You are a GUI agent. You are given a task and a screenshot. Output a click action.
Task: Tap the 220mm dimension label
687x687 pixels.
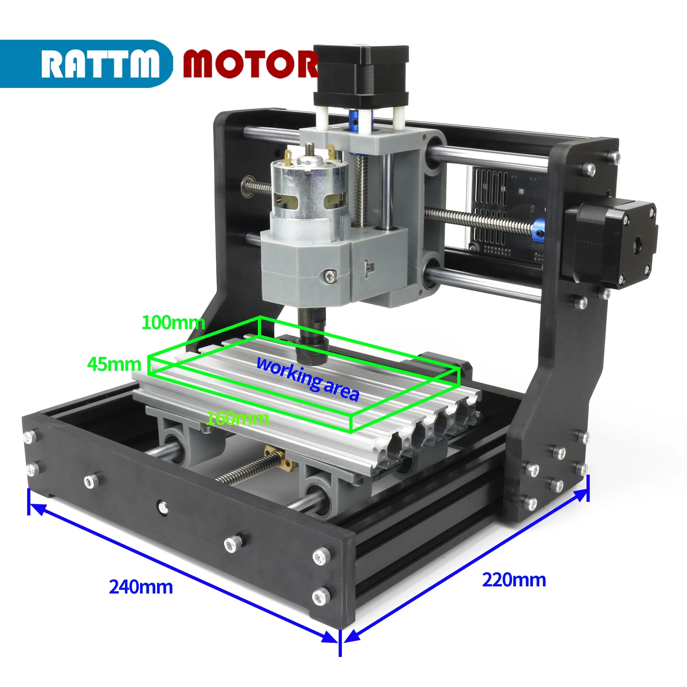(514, 580)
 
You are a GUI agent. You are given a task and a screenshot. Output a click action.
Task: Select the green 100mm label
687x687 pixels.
(173, 322)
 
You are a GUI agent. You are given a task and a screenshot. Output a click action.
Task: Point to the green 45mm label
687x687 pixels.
(114, 364)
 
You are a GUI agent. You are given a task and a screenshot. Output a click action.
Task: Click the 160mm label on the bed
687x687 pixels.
(238, 418)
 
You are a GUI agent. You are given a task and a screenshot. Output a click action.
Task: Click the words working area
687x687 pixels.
(308, 379)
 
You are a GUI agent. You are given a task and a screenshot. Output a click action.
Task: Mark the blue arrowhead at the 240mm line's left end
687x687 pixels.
(37, 510)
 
